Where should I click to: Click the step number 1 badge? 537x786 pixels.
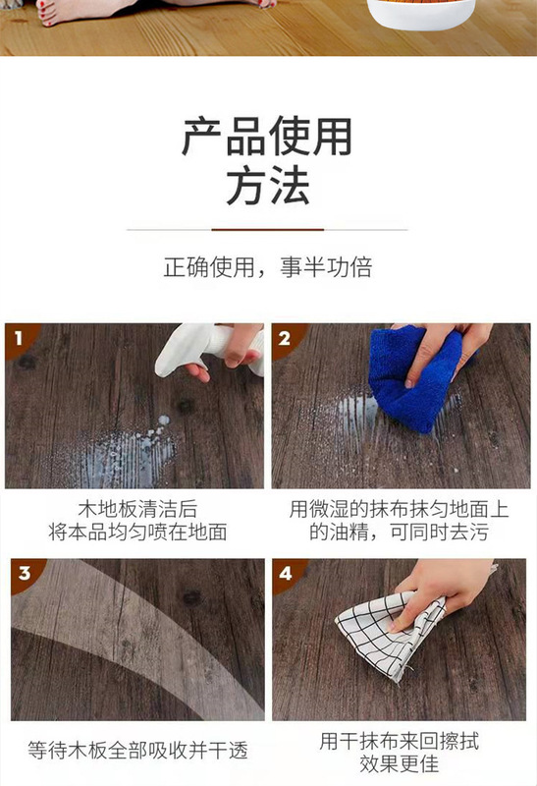[19, 337]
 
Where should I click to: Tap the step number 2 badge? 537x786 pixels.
[285, 338]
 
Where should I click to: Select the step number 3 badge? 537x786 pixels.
[25, 573]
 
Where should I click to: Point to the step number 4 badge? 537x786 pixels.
[286, 573]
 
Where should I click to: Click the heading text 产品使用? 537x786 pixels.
[267, 137]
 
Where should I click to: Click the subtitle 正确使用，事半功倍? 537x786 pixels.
[268, 266]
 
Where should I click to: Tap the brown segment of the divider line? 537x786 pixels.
[267, 230]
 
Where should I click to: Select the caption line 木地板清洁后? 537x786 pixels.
[137, 509]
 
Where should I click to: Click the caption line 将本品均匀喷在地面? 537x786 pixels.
[137, 532]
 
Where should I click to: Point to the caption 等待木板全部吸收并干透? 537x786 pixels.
[137, 750]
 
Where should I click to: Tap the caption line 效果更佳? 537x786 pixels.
[400, 764]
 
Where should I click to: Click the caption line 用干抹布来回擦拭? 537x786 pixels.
[400, 742]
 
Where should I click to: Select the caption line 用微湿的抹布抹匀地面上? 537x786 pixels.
[400, 509]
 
